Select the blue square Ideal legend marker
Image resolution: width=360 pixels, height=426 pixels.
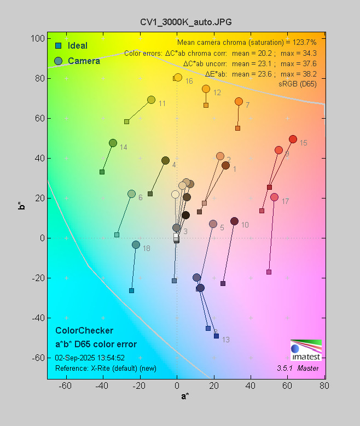57,45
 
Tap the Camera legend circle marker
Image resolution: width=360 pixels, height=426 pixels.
57,61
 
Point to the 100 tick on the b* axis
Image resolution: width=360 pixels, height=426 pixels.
38,38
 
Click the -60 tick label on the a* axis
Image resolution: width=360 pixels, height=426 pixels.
65,386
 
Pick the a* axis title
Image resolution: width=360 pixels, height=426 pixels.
185,396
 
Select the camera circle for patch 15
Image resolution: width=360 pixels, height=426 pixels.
293,139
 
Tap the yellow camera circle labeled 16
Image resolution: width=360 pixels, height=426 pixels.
178,77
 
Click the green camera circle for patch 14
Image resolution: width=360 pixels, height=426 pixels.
113,143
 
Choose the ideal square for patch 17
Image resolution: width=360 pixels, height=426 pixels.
269,272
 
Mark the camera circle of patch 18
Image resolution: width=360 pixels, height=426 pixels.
136,244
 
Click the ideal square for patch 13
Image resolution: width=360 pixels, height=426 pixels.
216,336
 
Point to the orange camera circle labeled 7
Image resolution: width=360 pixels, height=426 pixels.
239,101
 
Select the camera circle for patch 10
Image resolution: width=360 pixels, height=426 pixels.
234,221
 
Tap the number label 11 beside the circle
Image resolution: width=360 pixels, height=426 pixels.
162,103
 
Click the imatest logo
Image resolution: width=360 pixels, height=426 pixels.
306,350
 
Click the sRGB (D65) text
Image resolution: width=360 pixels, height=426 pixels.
298,83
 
